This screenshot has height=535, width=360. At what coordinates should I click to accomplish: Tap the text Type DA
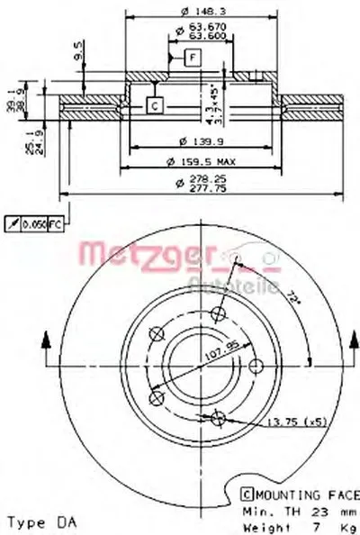tap(40, 521)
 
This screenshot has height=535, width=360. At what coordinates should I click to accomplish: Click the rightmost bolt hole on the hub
tap(254, 364)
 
